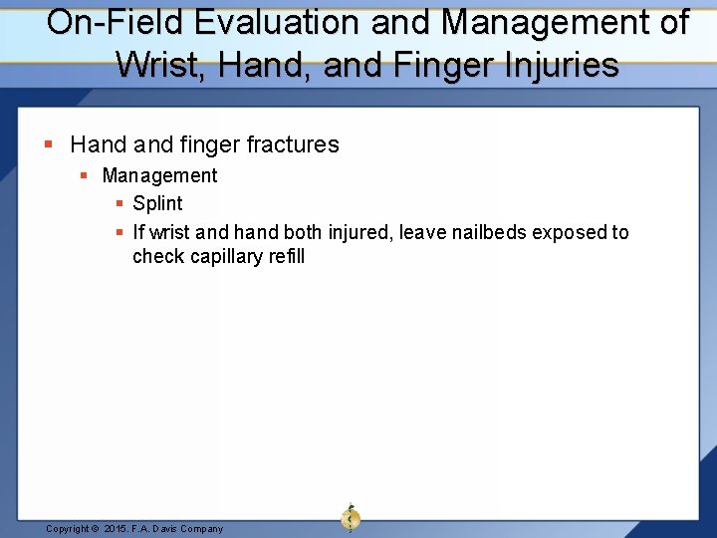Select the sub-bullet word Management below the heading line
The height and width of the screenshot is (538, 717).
(x=159, y=175)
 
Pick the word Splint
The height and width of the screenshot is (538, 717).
(x=157, y=203)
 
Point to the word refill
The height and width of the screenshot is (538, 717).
(x=284, y=256)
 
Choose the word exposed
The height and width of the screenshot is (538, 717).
(x=569, y=232)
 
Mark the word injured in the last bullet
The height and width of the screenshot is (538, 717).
(x=358, y=232)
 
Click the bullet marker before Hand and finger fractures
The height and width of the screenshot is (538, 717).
(x=50, y=145)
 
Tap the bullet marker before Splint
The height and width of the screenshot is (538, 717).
(x=119, y=204)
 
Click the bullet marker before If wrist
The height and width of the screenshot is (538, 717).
(x=119, y=233)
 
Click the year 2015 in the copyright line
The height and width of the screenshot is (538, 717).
(x=118, y=529)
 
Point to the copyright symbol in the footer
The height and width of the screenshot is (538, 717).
(x=95, y=529)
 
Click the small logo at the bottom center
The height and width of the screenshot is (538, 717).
(x=350, y=517)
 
